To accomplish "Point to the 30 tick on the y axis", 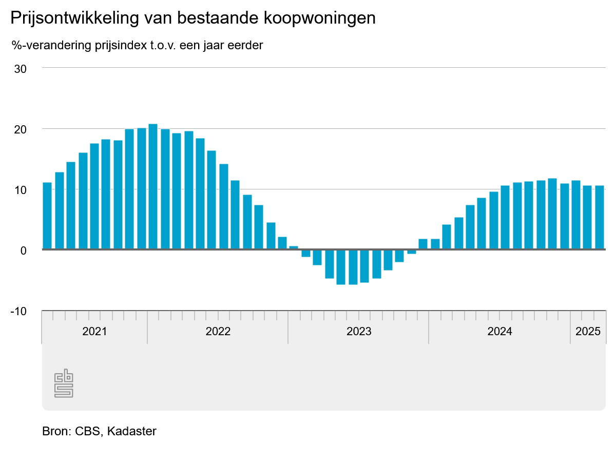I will coord(20,68).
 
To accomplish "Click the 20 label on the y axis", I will coord(20,129).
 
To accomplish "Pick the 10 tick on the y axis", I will coord(20,190).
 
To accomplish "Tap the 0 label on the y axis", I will coord(23,251).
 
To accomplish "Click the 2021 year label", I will coord(94,331).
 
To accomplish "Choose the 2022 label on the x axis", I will coord(218,331).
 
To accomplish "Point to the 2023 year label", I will coord(359,331).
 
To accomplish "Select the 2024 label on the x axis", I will coord(499,331).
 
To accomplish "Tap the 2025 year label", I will coord(588,331).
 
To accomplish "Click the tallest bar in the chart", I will coord(153,187).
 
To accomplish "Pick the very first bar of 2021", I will coord(47,216).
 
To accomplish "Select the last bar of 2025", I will coord(600,218).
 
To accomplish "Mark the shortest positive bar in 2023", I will coord(293,248).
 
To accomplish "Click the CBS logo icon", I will coord(64,382).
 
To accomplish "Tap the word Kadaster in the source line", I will coord(132,431).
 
